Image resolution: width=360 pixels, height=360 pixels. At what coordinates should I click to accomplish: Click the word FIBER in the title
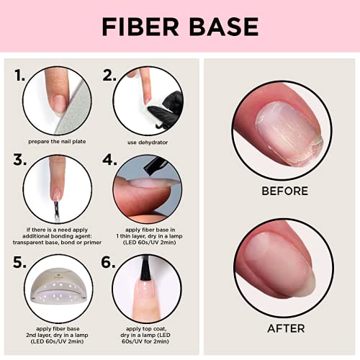[x=140, y=27]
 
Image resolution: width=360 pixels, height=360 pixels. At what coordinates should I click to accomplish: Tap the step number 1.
[x=19, y=75]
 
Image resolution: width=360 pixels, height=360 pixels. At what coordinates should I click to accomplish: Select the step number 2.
[x=109, y=75]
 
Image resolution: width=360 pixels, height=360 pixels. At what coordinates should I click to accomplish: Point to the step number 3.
[x=19, y=160]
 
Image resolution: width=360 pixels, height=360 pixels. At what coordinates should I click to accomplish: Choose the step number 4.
[x=109, y=160]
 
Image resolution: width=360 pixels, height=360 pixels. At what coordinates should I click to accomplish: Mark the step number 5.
[x=19, y=262]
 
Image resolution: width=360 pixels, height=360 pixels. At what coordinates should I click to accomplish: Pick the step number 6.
[x=108, y=262]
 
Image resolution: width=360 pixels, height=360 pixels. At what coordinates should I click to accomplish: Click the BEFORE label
[x=284, y=191]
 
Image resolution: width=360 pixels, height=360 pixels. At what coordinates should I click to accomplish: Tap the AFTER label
[x=286, y=328]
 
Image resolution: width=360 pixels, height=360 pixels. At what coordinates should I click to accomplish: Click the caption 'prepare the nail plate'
[x=57, y=142]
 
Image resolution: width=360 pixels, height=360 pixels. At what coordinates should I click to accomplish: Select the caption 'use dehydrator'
[x=148, y=143]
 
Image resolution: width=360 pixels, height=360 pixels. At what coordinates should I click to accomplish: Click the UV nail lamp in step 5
[x=58, y=287]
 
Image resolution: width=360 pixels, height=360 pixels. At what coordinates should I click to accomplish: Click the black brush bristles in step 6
[x=145, y=269]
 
